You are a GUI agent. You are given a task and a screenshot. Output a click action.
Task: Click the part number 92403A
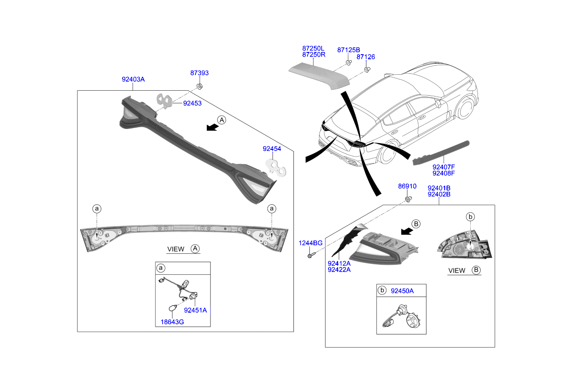(133, 79)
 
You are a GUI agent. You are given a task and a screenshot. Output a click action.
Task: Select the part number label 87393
(200, 73)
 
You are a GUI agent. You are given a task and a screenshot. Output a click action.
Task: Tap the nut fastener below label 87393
(199, 86)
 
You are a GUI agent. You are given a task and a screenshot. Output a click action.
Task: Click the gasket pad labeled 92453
(165, 101)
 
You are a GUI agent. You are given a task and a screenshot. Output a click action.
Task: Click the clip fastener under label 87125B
(348, 63)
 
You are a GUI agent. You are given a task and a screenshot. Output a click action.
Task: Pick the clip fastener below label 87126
(366, 70)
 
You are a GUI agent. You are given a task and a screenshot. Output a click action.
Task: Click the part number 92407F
(444, 167)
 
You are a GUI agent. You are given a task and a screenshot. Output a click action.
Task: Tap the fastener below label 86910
(408, 199)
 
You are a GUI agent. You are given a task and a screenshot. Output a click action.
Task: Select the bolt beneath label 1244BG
(310, 256)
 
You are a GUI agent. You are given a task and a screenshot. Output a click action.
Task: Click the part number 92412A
(339, 263)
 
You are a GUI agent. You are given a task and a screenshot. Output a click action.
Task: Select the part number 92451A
(195, 310)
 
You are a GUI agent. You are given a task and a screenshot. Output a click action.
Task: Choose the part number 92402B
(439, 194)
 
